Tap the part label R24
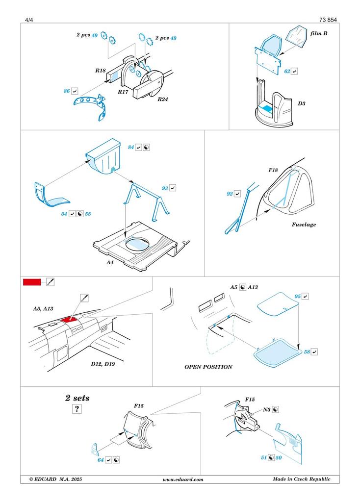click(163, 99)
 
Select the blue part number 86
click(66, 91)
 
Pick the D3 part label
click(302, 104)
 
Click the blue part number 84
click(130, 147)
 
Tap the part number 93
click(165, 188)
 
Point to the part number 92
click(230, 194)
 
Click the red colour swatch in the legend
click(32, 282)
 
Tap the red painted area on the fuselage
click(69, 319)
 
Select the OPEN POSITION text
click(208, 367)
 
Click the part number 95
click(297, 297)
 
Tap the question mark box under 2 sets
click(77, 409)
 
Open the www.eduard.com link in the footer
click(182, 479)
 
